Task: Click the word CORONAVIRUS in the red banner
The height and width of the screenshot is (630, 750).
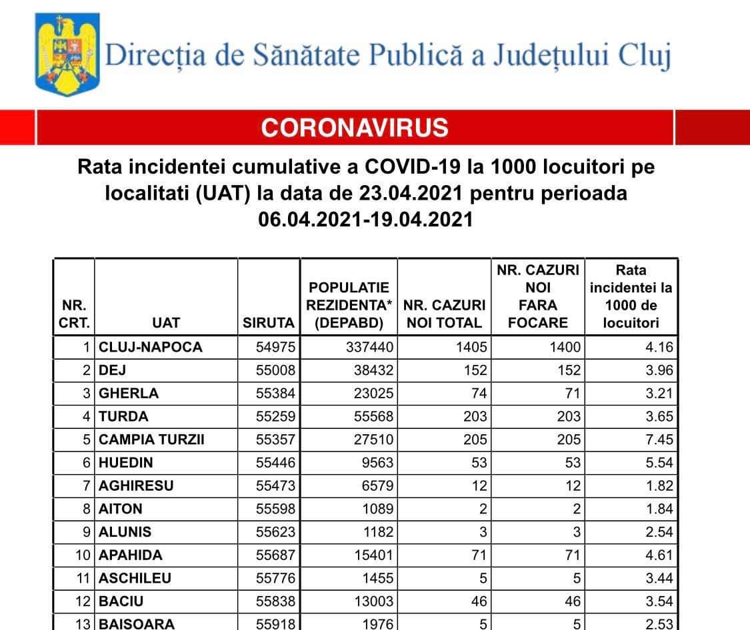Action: pyautogui.click(x=355, y=127)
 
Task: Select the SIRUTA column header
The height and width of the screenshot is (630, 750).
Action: pyautogui.click(x=269, y=323)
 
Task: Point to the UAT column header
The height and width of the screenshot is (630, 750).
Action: pyautogui.click(x=166, y=323)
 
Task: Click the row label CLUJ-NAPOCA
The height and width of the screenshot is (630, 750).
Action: pyautogui.click(x=150, y=347)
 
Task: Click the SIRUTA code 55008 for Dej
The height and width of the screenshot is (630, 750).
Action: pyautogui.click(x=275, y=370)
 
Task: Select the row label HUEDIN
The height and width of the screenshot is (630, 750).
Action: pyautogui.click(x=126, y=463)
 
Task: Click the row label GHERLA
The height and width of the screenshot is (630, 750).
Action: pyautogui.click(x=129, y=393)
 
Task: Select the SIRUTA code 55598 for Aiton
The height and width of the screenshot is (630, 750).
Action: pyautogui.click(x=275, y=509)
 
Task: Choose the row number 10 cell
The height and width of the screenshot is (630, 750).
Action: pyautogui.click(x=83, y=555)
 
